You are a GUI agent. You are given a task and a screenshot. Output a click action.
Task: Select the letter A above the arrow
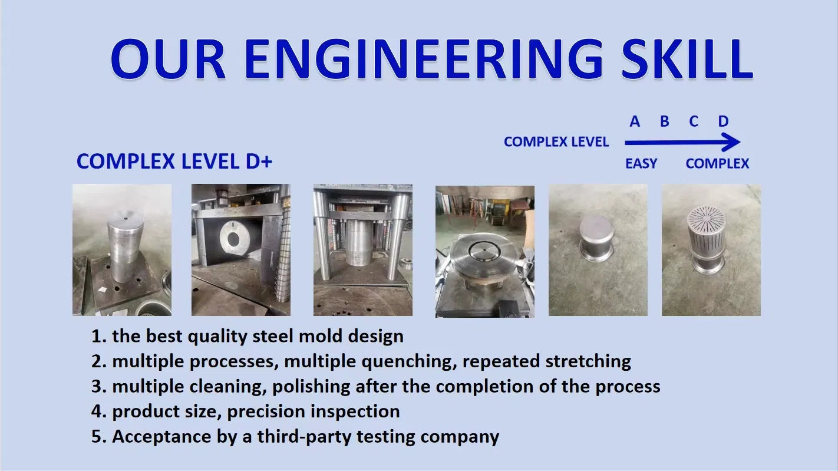coord(635,122)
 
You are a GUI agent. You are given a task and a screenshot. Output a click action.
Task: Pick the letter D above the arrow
coord(723,122)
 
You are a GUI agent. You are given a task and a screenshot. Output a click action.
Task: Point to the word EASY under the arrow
coord(641,164)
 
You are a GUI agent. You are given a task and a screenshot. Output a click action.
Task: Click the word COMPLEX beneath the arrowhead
coord(717,164)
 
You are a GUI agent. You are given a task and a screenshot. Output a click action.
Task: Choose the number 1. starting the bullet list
coord(98,336)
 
